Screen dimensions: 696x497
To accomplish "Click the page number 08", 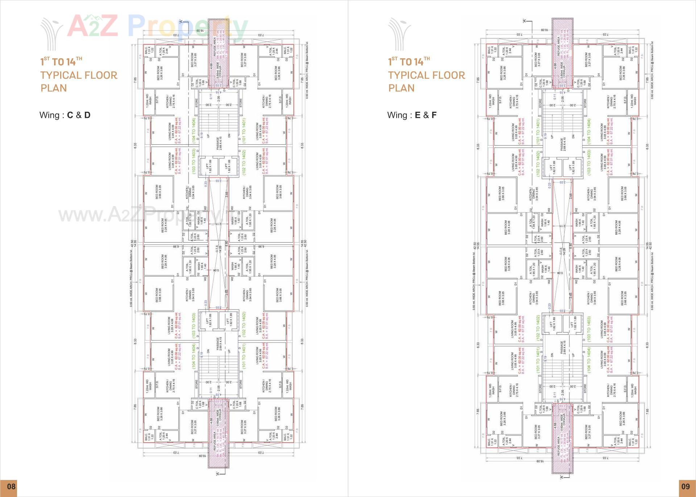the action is (x=11, y=486).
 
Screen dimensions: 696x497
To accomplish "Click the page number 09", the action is (x=685, y=486).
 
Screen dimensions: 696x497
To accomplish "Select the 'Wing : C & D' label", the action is (x=65, y=115).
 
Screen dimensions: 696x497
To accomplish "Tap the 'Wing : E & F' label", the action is (x=412, y=115).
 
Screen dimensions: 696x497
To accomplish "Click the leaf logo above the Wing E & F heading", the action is (x=399, y=34).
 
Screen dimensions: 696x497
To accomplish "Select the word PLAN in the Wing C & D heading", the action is (x=54, y=88).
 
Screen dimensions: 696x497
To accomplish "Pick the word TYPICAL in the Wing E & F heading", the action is (x=405, y=75).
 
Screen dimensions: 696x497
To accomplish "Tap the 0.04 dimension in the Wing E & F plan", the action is (x=560, y=273).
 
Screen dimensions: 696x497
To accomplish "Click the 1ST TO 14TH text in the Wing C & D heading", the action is (x=61, y=62).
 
